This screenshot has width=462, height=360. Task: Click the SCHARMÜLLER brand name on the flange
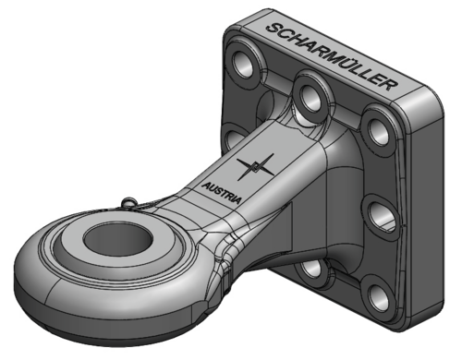[x=331, y=56]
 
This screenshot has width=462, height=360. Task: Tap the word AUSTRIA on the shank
[x=221, y=193]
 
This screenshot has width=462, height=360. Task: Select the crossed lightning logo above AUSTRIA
[x=255, y=167]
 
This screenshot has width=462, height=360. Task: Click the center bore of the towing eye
[x=118, y=238]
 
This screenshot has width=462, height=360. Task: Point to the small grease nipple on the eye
[x=128, y=203]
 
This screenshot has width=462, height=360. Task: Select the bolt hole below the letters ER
[x=378, y=131]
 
